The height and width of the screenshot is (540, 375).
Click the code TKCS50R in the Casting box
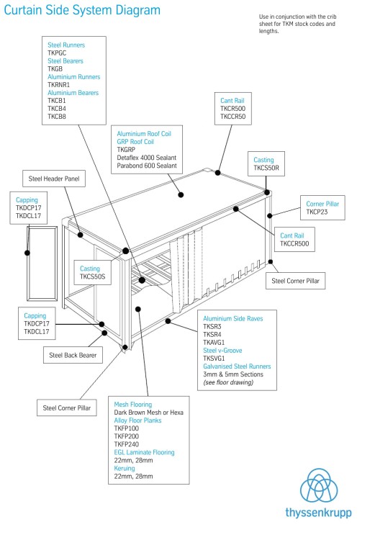(266, 168)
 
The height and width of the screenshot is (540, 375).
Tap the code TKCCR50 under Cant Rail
(233, 116)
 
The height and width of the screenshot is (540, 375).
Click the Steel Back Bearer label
(72, 355)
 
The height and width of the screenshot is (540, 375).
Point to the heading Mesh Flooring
(133, 405)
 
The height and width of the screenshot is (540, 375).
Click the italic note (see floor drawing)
(228, 382)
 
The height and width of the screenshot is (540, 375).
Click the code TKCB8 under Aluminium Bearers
(57, 116)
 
